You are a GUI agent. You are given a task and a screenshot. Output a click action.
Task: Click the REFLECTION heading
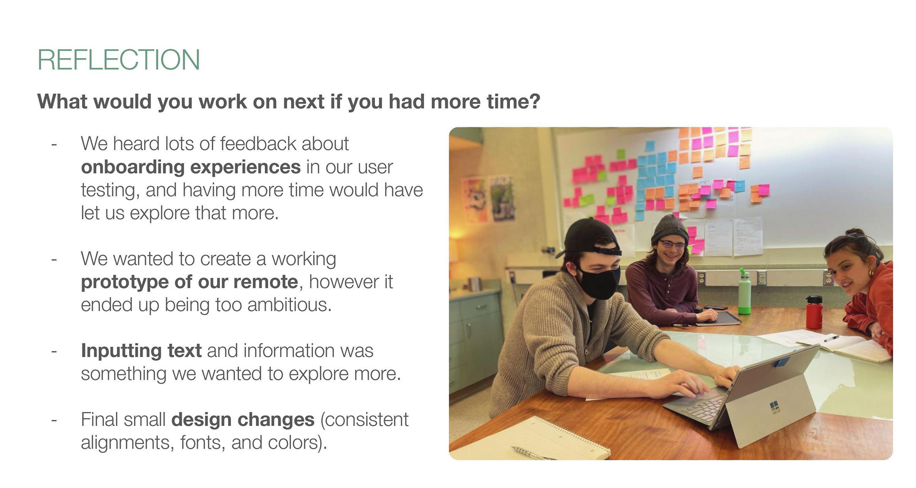[x=118, y=60]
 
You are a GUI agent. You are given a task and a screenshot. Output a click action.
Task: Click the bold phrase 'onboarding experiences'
[x=191, y=167]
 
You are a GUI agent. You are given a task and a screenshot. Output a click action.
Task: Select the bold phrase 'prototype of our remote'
[x=190, y=282]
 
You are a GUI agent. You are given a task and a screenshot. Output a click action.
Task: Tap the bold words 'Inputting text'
[x=141, y=351]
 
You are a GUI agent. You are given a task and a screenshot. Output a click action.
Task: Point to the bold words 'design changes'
[x=243, y=419]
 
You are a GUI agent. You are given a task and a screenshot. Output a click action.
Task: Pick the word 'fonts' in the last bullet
[x=201, y=443]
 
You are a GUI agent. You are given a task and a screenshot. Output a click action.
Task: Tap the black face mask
[x=600, y=282]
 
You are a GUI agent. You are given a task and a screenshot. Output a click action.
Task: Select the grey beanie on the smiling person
[x=669, y=229]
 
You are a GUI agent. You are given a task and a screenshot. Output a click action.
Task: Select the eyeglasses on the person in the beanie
[x=672, y=244]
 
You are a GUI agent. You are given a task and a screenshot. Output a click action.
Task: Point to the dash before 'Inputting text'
[x=54, y=352]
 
